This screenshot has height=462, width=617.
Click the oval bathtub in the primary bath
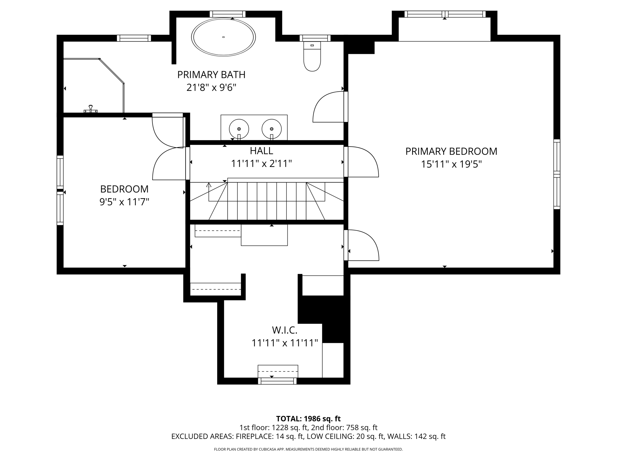click(223, 37)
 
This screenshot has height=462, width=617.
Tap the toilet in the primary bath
click(312, 56)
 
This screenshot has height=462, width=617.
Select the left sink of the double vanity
click(239, 129)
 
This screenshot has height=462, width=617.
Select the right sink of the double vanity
click(271, 129)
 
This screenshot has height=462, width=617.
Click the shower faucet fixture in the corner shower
click(90, 109)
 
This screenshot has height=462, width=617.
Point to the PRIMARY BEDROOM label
click(451, 151)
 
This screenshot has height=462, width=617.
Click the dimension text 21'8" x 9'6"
click(211, 88)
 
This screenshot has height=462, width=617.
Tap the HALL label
click(262, 150)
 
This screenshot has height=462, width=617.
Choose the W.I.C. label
click(285, 330)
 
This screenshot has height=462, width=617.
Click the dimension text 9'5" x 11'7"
click(124, 202)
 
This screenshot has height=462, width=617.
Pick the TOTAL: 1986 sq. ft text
click(308, 419)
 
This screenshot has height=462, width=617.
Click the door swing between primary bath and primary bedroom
click(328, 107)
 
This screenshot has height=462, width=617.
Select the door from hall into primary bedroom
click(362, 162)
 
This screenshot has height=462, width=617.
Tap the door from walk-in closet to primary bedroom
click(362, 245)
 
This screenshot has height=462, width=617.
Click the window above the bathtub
click(227, 14)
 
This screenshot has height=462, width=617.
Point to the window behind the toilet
click(315, 38)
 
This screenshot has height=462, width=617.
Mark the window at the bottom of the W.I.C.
click(277, 381)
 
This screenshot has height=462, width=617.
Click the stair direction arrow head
click(209, 184)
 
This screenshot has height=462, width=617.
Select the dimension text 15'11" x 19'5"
click(451, 164)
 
